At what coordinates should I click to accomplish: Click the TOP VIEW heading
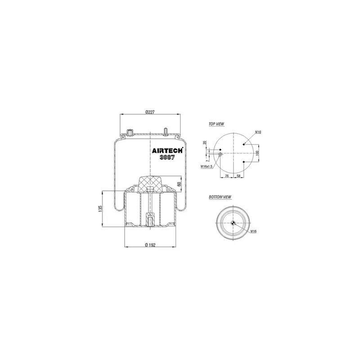(216, 124)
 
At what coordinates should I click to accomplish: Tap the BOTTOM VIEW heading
(220, 197)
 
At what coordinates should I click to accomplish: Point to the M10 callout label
(258, 132)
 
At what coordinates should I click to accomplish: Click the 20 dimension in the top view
(205, 143)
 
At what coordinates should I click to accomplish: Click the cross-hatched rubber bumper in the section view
(149, 184)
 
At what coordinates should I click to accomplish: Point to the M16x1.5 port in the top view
(220, 155)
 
